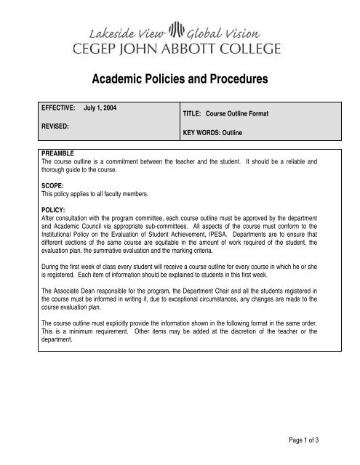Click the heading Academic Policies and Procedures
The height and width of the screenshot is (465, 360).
coord(180,78)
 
